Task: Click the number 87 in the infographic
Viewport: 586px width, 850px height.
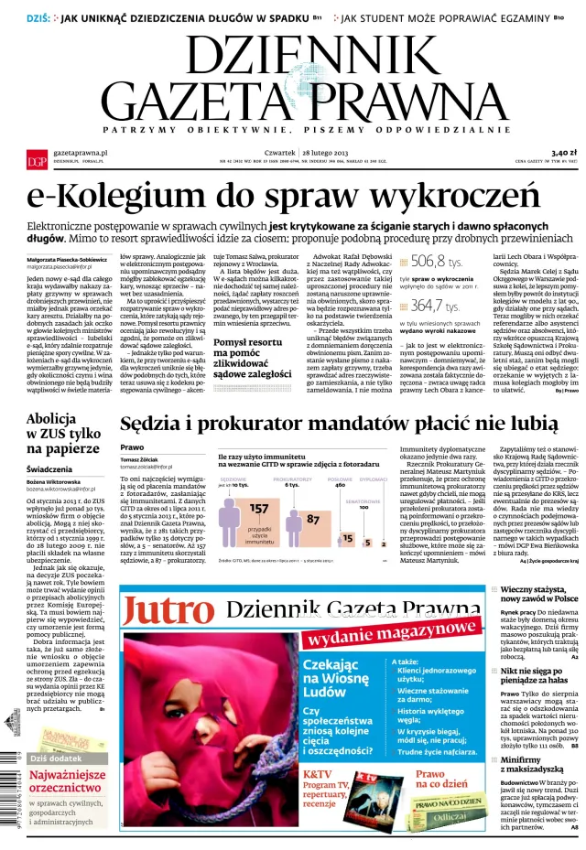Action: point(312,519)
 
